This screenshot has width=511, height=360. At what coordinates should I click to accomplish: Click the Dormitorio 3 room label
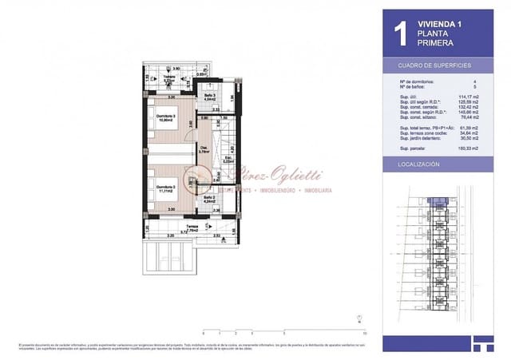pos(165,117)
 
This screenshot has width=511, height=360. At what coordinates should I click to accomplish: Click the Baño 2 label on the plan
pos(208,199)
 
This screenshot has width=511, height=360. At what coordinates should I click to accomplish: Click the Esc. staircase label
pos(228,159)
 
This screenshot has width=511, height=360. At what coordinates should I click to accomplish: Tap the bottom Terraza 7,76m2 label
pos(192,227)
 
